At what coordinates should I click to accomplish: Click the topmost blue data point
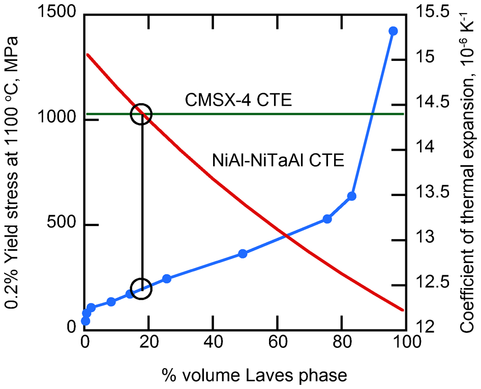tap(393, 31)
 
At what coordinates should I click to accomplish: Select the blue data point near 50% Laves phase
tap(243, 253)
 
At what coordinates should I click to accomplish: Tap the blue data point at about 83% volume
tap(351, 196)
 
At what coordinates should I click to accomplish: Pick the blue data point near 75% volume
tap(327, 219)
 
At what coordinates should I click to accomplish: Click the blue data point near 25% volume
tap(167, 279)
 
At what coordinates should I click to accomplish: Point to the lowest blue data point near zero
tap(85, 321)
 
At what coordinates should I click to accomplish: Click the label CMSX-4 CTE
tap(238, 100)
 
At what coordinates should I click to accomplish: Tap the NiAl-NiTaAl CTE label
tap(278, 160)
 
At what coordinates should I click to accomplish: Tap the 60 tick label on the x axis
tap(277, 342)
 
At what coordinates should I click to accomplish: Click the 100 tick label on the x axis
tap(406, 342)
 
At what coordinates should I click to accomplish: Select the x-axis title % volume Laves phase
tap(255, 375)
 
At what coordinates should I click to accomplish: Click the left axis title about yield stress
tap(12, 173)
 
